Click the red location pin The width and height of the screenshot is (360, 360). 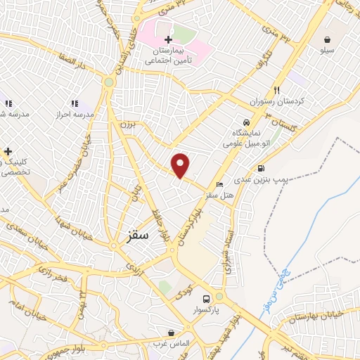click(181, 165)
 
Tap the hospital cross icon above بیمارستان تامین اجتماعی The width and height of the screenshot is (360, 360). click(168, 39)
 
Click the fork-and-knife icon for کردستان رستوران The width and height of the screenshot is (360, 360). click(277, 90)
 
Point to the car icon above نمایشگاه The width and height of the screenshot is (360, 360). click(246, 121)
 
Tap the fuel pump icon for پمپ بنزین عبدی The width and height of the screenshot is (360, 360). click(262, 169)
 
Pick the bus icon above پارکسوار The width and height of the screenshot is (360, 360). click(205, 297)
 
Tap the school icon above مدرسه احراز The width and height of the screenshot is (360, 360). click(75, 103)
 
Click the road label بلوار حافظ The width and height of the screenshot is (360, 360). click(160, 224)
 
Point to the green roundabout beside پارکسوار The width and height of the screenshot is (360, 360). click(219, 296)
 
